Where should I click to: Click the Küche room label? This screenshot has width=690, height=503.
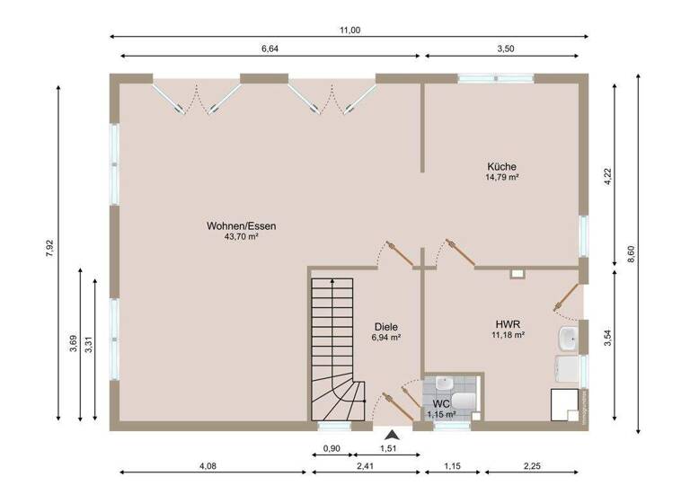(502, 166)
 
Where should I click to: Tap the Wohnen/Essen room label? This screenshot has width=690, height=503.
(241, 225)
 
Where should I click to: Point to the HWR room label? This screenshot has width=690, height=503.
(508, 323)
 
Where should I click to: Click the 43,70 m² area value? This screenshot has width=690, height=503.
(241, 237)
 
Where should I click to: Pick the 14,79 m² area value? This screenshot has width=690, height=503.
(502, 178)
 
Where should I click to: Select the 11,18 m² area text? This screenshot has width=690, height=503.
(508, 335)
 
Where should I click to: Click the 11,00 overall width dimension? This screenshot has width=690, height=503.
(349, 30)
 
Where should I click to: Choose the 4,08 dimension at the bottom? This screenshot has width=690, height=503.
(207, 465)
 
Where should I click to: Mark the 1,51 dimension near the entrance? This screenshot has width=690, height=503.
(388, 447)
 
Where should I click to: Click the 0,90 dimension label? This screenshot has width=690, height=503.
(331, 447)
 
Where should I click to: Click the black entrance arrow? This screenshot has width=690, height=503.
(392, 434)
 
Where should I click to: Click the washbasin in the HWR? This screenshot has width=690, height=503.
(568, 339)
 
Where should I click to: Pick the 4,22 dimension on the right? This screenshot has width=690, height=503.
(608, 179)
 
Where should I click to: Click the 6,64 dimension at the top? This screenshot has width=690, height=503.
(270, 49)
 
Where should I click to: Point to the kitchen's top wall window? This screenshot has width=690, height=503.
(485, 78)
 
